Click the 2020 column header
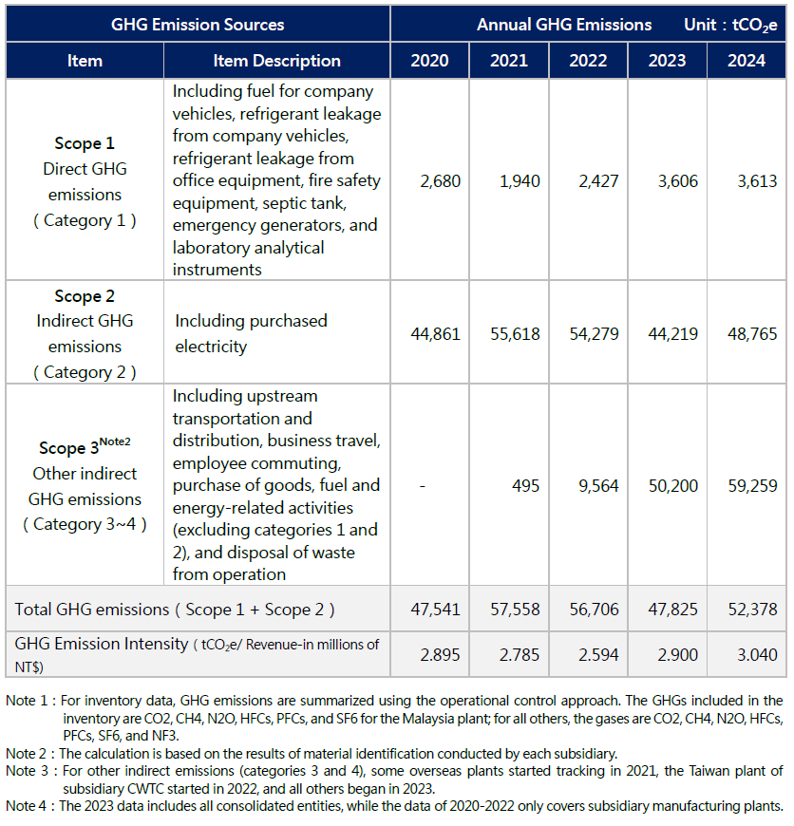[429, 61]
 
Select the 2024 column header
[747, 61]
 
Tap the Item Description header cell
[276, 61]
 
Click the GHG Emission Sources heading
[198, 24]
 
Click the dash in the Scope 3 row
[422, 485]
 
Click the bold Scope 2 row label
[85, 296]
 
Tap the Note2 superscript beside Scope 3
[116, 442]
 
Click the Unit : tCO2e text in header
[731, 24]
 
